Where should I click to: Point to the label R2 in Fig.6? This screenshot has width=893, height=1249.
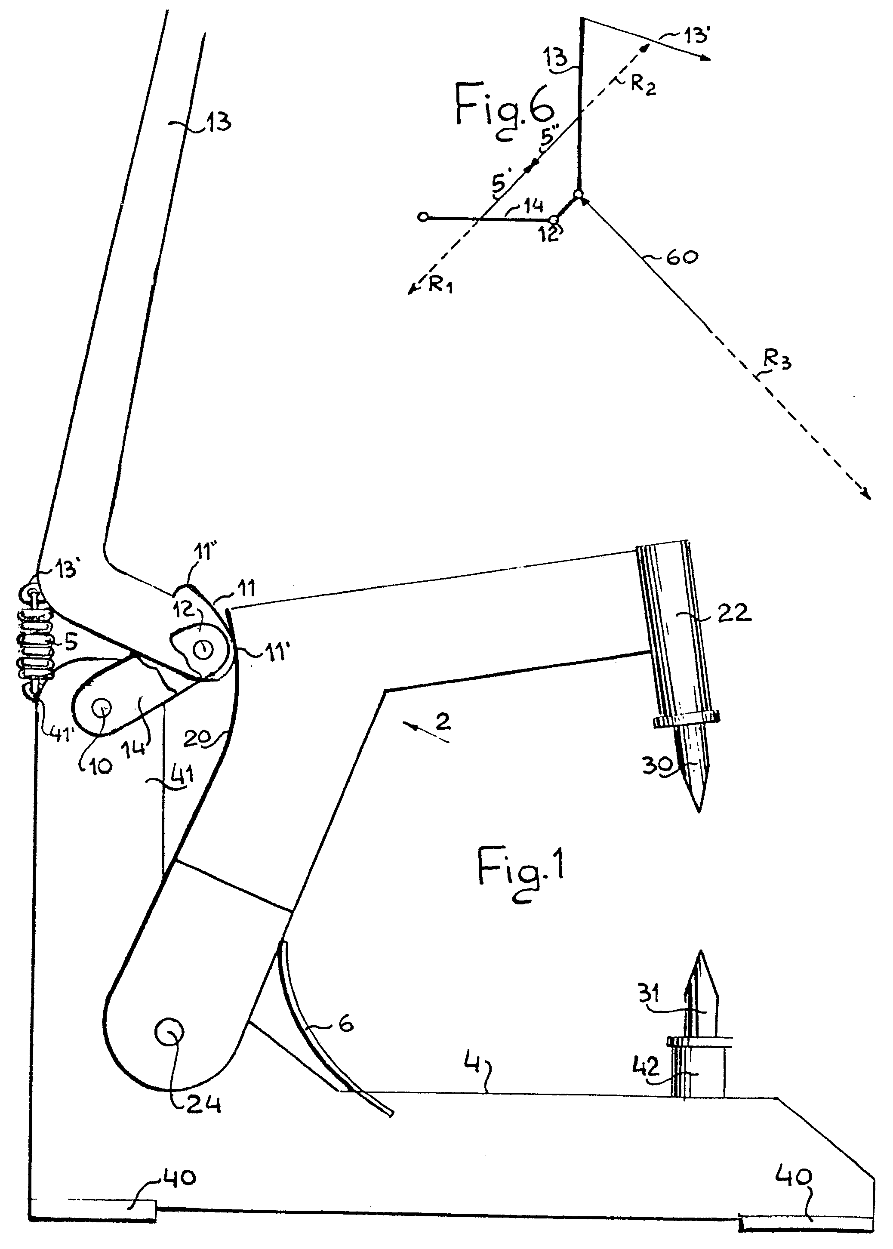click(x=642, y=85)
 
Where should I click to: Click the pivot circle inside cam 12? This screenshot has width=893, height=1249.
click(x=204, y=649)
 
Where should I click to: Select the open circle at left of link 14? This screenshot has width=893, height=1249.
click(x=422, y=217)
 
